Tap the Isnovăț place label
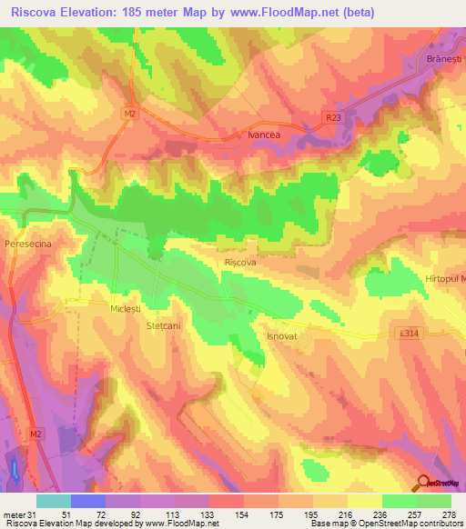coord(282,335)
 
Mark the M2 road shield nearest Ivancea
coord(130,114)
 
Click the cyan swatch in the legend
coord(53,501)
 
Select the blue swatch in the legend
coord(87,501)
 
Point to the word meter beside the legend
coord(13,514)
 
